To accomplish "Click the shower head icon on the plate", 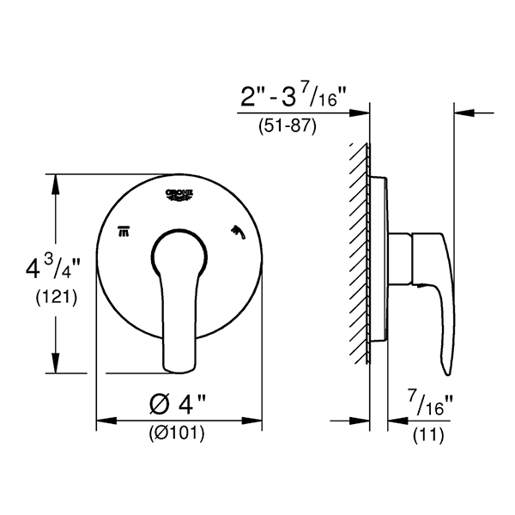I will point(237,230).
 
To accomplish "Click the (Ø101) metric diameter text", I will point(179,433).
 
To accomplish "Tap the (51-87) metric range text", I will point(288,126).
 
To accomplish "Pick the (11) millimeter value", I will point(429,435).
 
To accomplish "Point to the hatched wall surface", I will point(359,257).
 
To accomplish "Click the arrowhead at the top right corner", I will point(461,112).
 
